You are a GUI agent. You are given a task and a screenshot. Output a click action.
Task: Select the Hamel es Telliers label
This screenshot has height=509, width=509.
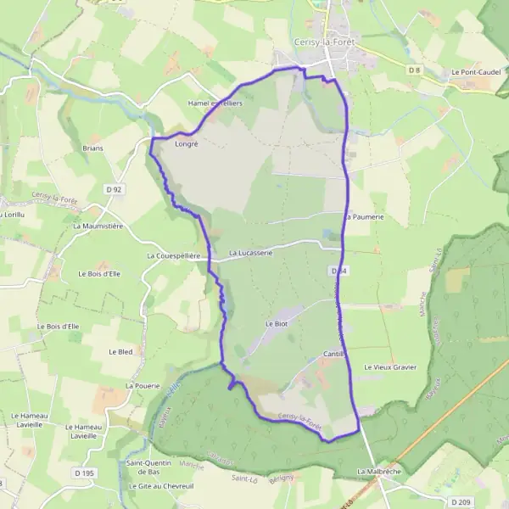point(215,103)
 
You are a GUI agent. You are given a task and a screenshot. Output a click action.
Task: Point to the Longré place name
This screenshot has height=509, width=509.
point(186,144)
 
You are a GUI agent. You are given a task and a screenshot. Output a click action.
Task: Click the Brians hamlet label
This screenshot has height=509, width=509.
point(92,148)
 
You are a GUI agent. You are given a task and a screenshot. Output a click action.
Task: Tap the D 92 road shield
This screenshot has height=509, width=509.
point(115,188)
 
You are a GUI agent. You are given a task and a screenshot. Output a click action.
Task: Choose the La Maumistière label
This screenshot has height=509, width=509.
point(98,227)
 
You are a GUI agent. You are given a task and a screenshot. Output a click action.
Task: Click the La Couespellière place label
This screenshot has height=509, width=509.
point(173,255)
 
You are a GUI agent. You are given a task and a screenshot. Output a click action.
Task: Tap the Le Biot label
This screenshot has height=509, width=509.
point(278,324)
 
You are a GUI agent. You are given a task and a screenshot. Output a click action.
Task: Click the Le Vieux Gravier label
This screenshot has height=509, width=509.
point(390,367)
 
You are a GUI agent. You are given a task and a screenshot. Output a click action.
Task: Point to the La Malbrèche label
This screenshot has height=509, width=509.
point(378,471)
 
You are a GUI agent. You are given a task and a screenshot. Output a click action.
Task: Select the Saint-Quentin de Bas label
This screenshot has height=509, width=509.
point(148,467)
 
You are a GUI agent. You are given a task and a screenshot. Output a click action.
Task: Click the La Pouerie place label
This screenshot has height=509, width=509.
point(143,385)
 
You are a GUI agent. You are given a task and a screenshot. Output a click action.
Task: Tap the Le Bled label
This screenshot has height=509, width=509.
point(121,351)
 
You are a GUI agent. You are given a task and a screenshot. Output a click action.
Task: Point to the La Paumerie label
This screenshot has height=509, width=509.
point(365,217)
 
